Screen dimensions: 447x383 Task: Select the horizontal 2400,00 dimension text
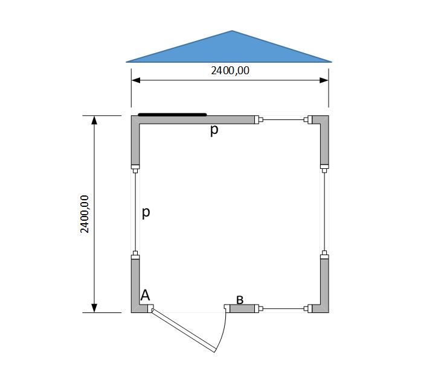(230, 71)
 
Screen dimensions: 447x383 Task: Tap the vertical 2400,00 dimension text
(85, 214)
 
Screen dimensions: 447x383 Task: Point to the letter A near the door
(145, 296)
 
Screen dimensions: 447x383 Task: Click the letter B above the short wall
(240, 300)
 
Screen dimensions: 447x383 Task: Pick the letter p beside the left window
(146, 212)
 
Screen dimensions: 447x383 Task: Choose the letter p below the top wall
(214, 130)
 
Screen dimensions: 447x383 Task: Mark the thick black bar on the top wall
(172, 115)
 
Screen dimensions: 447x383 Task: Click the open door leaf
(184, 331)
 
